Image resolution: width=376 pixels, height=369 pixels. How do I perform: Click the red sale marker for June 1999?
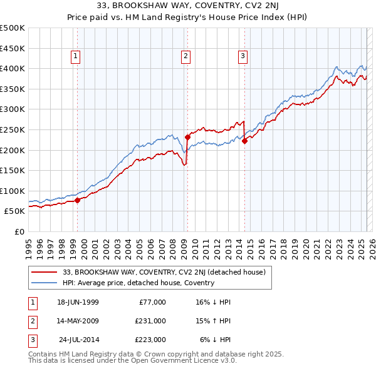tap(77, 201)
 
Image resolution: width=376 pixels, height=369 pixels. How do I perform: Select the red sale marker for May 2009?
tap(187, 137)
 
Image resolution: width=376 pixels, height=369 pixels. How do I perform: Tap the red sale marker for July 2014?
tap(245, 141)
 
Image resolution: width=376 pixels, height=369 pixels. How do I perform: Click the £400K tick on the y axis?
tap(13, 69)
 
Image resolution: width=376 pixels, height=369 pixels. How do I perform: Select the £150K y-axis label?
tap(13, 170)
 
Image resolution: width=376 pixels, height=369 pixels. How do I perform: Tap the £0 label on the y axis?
tap(18, 231)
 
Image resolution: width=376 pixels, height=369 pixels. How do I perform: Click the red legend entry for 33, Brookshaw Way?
tap(164, 272)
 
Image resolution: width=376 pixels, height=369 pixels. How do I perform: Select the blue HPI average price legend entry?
tap(138, 283)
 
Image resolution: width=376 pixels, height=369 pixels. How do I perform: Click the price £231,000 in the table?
tap(150, 321)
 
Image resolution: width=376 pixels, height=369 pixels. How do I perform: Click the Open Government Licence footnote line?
tap(132, 360)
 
